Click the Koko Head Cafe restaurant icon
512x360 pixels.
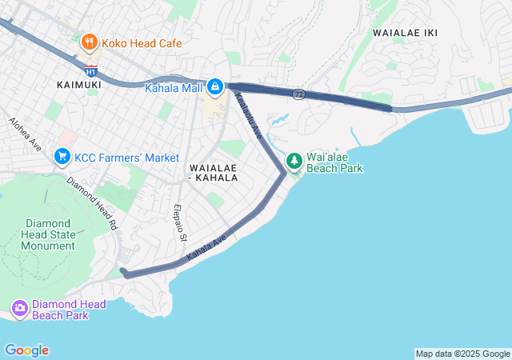[x=89, y=42]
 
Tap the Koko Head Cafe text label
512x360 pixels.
[x=142, y=43]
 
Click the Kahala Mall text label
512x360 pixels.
[x=173, y=88]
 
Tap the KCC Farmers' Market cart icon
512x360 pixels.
[x=62, y=157]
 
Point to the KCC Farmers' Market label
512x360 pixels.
[x=126, y=158]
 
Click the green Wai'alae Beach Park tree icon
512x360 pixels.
[x=294, y=162]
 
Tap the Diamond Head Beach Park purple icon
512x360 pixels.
[x=20, y=309]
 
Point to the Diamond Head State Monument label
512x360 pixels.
[x=50, y=234]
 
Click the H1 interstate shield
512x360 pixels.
[x=91, y=70]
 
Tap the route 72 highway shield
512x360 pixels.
[x=298, y=94]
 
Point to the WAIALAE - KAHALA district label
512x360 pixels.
[x=213, y=172]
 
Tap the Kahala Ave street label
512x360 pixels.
[x=206, y=247]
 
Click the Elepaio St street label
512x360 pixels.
[x=180, y=222]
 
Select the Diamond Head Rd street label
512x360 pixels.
[x=93, y=199]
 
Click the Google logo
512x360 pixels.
[x=26, y=350]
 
